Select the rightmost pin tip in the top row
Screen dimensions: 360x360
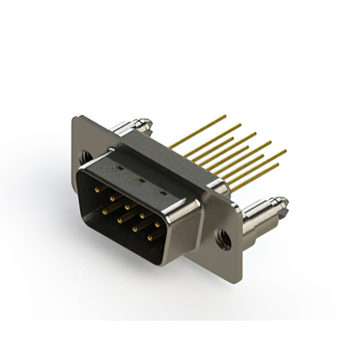pyautogui.click(x=157, y=223)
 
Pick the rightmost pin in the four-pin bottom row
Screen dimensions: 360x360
pyautogui.click(x=150, y=237)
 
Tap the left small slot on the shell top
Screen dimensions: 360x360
pyautogui.click(x=120, y=166)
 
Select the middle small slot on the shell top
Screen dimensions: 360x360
pyautogui.click(x=141, y=181)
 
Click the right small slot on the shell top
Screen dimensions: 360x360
pyautogui.click(x=163, y=193)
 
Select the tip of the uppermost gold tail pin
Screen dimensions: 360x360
pyautogui.click(x=226, y=116)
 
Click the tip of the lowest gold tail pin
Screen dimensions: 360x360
pyautogui.click(x=278, y=165)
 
